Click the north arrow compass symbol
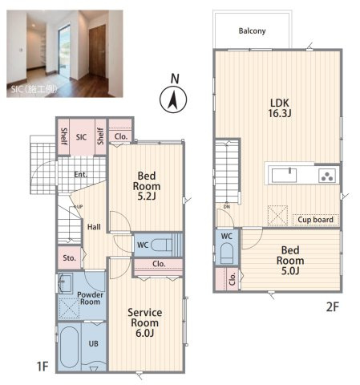tap(173, 99)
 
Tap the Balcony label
tap(252, 31)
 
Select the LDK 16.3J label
tap(280, 108)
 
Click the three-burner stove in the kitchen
tap(327, 176)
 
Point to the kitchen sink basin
tap(284, 176)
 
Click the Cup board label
tap(315, 220)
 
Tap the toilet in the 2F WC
tap(227, 253)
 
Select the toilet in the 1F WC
tap(161, 245)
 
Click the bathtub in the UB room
tap(69, 346)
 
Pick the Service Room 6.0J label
tap(144, 322)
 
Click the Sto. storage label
tap(69, 258)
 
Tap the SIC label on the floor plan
tap(81, 137)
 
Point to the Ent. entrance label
tap(80, 175)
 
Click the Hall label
tap(94, 227)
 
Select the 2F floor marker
tap(333, 307)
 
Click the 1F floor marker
tap(42, 366)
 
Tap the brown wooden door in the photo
tap(97, 51)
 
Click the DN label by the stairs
tap(227, 207)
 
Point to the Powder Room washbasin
tap(65, 283)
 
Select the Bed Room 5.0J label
tap(290, 261)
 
